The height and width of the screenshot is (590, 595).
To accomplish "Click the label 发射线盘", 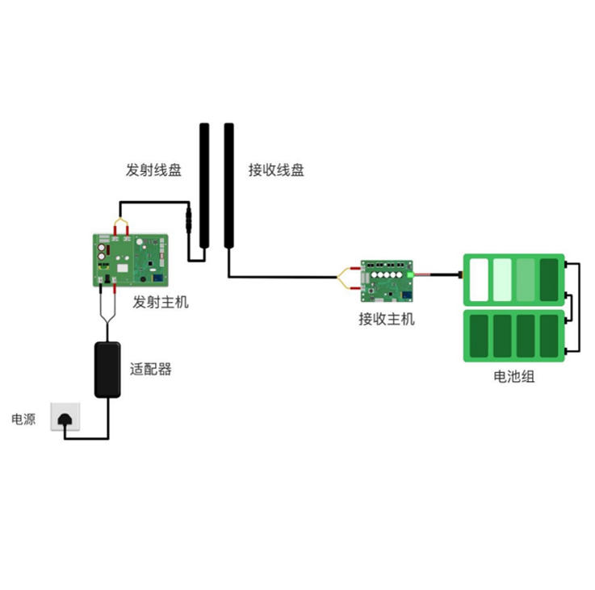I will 153,170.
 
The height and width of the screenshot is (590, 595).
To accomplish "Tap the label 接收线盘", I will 276,170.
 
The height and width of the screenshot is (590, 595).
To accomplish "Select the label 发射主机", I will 161,303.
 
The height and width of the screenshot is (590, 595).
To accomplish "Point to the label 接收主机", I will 387,319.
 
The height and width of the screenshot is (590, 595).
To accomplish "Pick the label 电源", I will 23,419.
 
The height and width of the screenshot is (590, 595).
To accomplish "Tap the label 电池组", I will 514,376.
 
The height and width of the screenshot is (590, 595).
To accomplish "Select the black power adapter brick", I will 107,369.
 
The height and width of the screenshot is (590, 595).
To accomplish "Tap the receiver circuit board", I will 387,277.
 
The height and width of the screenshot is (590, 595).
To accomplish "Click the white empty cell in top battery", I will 478,278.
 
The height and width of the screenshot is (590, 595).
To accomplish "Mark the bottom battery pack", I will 513,337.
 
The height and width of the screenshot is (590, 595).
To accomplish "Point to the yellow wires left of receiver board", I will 348,277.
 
